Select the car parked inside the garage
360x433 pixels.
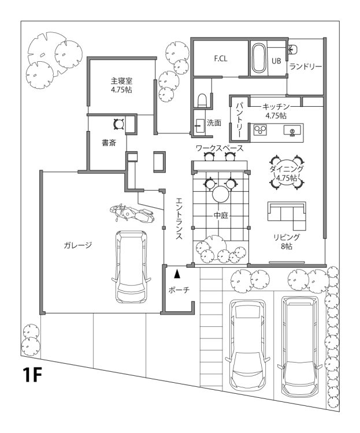[132, 267]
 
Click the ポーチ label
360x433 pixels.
[179, 290]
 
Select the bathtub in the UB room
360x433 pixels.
[258, 58]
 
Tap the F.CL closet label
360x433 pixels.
[220, 58]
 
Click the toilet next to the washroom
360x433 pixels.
[202, 100]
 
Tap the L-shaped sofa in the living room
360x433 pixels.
[287, 215]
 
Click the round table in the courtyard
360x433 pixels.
[221, 193]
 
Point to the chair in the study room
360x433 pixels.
[119, 123]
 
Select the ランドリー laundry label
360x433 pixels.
[305, 66]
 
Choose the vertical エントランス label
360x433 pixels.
[179, 219]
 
